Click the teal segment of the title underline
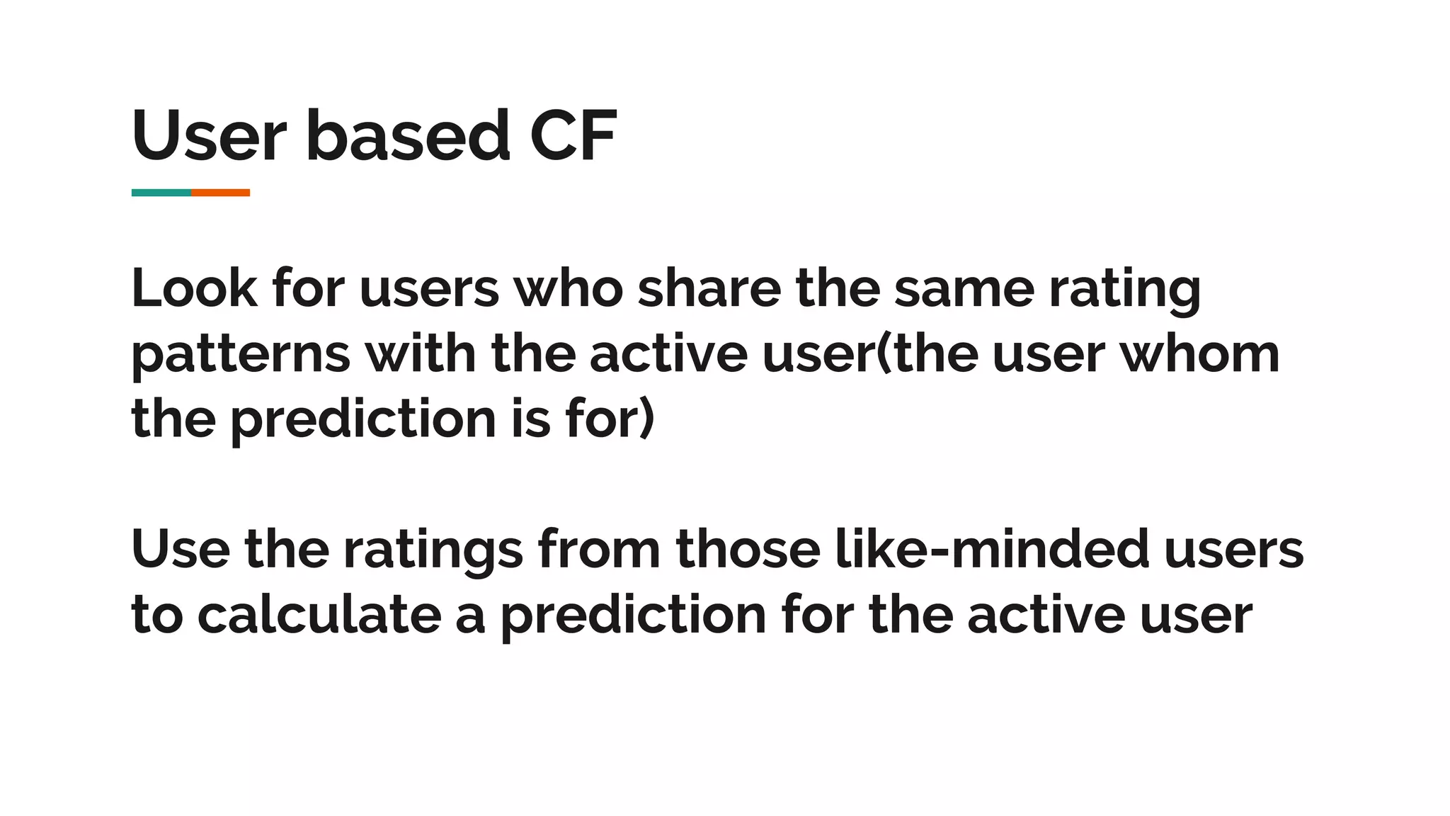161,193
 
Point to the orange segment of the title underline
220,193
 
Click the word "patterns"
241,354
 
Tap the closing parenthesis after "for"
647,419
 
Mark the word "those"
748,549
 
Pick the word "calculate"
319,614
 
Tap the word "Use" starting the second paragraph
181,549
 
